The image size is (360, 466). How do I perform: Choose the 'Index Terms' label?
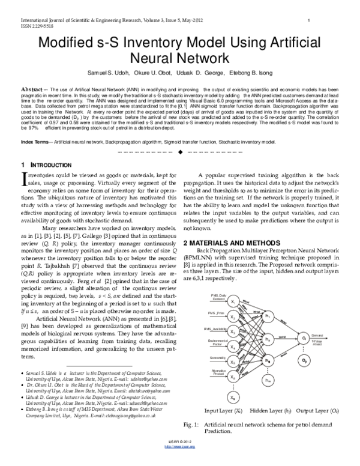tap(35, 142)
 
